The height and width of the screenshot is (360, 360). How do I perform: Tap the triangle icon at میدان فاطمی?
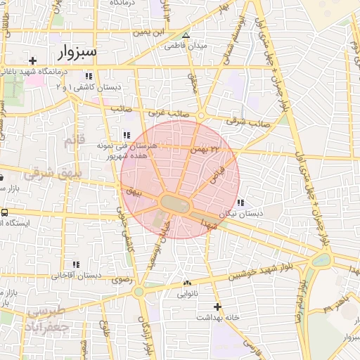pos(186,35)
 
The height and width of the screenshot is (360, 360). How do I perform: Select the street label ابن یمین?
pos(153,32)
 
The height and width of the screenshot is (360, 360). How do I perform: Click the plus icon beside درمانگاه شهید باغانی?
pos(33,61)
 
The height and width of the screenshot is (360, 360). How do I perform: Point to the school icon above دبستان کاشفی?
pos(89,76)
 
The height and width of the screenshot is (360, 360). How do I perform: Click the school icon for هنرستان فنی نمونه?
pos(127,135)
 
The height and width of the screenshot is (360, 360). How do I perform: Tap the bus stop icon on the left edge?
pos(5,212)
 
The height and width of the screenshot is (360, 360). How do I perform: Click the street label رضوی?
pos(121,279)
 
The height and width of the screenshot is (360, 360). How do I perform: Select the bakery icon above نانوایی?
pos(187,283)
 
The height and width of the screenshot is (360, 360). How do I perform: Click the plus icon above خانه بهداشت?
pos(218,307)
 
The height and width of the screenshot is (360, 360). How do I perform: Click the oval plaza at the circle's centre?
pos(176,204)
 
